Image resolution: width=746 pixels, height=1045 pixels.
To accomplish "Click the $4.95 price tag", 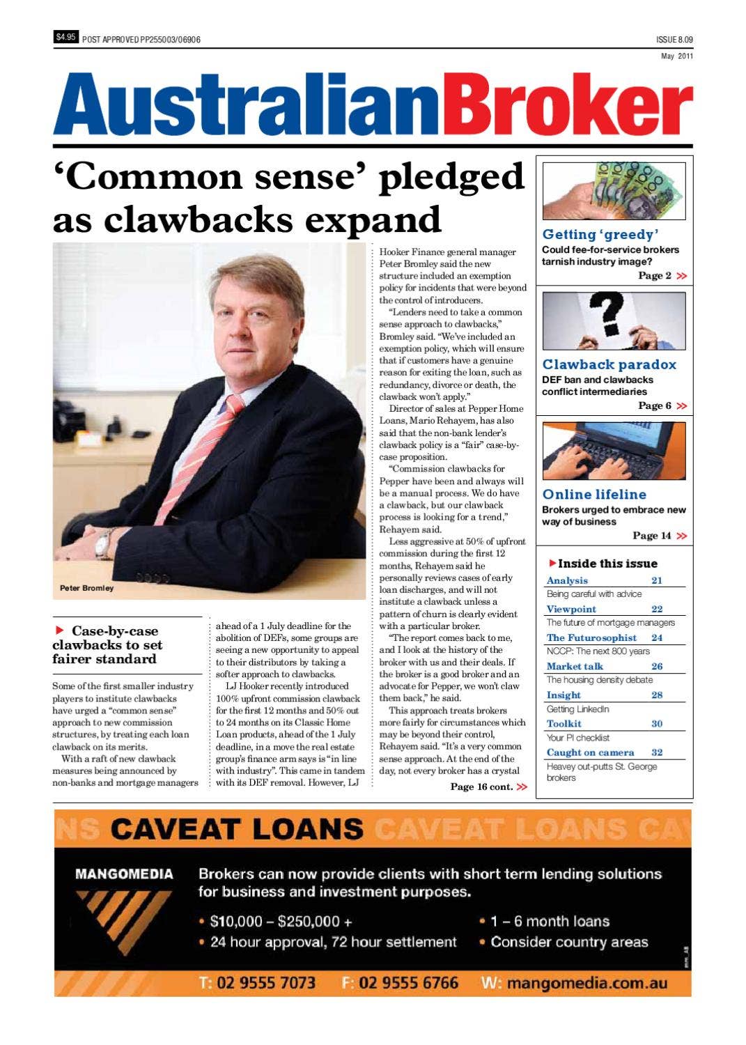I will click(x=65, y=38).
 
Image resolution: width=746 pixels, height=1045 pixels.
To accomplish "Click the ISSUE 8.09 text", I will click(x=674, y=40).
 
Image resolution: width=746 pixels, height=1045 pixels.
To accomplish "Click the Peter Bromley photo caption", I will click(x=86, y=588).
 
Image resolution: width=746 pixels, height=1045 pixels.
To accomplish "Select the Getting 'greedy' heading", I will click(x=600, y=235).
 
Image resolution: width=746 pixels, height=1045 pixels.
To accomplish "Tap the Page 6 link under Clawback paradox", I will click(x=662, y=405).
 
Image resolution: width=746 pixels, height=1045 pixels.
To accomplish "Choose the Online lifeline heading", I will click(x=594, y=495).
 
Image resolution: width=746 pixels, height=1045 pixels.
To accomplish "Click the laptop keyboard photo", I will click(x=614, y=451).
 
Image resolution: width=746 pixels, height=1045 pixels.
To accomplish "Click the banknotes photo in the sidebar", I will click(x=614, y=191).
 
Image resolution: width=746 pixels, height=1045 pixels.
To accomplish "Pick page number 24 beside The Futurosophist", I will click(x=656, y=637).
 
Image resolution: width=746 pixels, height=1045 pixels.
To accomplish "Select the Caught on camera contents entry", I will click(x=590, y=752).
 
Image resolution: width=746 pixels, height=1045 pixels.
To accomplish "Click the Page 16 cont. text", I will click(x=487, y=787).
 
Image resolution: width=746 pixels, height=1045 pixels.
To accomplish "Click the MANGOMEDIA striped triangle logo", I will click(x=123, y=920).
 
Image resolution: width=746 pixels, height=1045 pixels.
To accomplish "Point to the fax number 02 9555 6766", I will click(x=408, y=983).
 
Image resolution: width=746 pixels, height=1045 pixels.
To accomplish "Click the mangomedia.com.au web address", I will click(x=586, y=983).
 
